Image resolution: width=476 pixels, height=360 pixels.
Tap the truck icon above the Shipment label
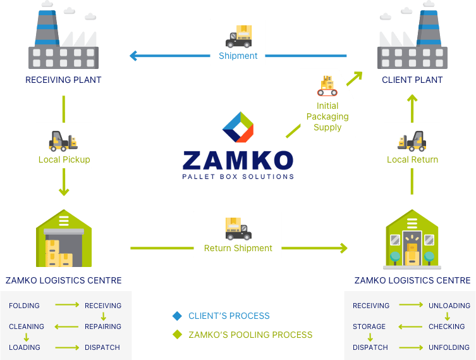[238, 36]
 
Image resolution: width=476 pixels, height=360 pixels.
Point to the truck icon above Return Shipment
[238, 228]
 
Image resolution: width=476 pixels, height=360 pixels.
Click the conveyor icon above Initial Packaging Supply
[327, 86]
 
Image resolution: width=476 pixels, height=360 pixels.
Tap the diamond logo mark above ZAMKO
[238, 127]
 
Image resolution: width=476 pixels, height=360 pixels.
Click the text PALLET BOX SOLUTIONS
[238, 176]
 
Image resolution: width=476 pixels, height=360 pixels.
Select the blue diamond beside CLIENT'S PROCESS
[177, 316]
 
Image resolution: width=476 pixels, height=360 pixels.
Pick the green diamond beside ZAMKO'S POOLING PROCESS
[177, 334]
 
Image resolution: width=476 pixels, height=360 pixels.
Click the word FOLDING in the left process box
[24, 306]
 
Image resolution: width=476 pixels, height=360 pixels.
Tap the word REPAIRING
[103, 326]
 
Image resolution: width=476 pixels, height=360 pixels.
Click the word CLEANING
[27, 326]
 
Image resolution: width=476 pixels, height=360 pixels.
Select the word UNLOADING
[449, 306]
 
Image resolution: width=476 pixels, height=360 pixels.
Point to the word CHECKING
[447, 326]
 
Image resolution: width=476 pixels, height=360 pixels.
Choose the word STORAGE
[369, 326]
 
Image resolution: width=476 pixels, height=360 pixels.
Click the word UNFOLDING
[449, 347]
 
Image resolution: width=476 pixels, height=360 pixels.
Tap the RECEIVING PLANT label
[63, 80]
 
